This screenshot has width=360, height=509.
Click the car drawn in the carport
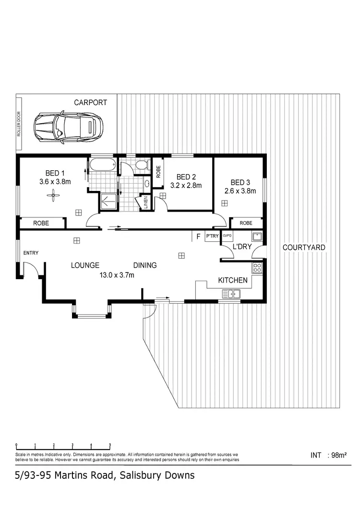click(68, 128)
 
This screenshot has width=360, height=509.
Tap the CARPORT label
click(90, 102)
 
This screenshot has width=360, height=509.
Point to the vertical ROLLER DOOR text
click(19, 125)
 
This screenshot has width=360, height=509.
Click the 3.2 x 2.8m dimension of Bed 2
click(186, 185)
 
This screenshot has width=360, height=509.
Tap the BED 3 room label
click(240, 182)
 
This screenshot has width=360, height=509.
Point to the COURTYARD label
click(304, 248)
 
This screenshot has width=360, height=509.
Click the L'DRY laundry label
click(241, 247)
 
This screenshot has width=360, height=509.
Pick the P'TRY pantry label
click(212, 236)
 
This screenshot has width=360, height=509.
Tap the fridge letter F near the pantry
click(198, 236)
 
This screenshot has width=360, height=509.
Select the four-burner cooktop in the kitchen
click(257, 268)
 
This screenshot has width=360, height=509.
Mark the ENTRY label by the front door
click(31, 253)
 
